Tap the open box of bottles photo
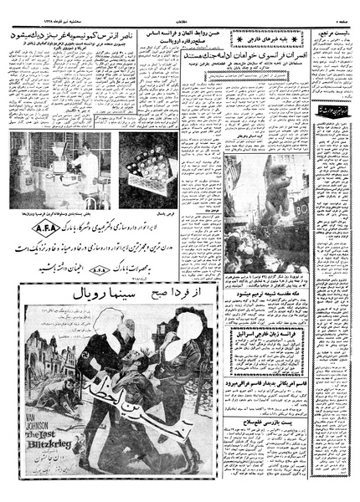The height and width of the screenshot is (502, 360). coord(147,174)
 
